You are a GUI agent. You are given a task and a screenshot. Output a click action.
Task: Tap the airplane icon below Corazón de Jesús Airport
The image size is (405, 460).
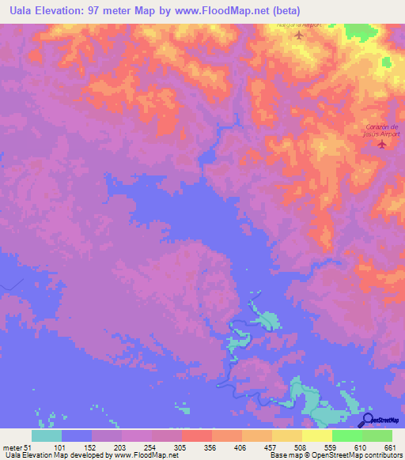(382, 144)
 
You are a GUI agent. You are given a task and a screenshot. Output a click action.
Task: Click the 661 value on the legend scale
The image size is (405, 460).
(390, 447)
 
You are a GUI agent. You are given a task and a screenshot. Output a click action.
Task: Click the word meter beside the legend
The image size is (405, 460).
(13, 447)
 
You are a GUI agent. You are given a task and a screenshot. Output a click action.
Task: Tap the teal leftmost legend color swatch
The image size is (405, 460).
(47, 435)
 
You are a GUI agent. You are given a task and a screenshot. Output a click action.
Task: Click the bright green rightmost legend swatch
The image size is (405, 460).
(377, 435)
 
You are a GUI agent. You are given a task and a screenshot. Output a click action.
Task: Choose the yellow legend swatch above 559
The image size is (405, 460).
(317, 435)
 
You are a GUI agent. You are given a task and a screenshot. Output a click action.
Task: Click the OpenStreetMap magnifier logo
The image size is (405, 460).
(367, 420)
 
